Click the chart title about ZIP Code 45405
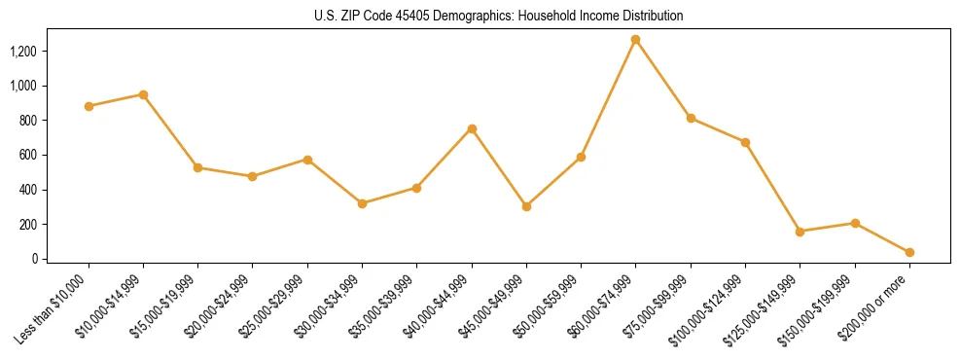[499, 16]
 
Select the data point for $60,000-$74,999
[635, 40]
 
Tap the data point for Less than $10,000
[89, 106]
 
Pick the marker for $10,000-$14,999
[143, 94]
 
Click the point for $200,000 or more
[909, 252]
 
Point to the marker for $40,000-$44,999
[472, 128]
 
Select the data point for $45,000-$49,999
[526, 206]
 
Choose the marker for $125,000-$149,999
[800, 232]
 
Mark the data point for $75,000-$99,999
[691, 118]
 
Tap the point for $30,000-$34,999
[362, 203]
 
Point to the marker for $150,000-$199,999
[855, 223]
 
